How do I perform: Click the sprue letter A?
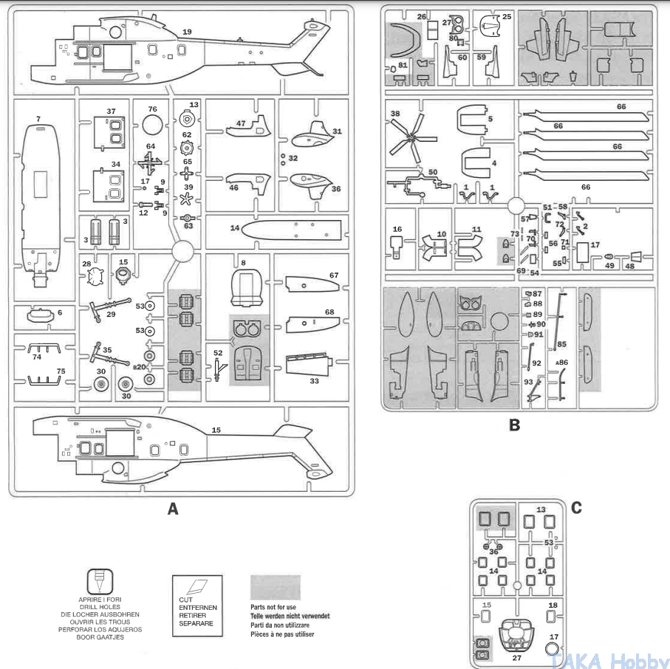click(173, 509)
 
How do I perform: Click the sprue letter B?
click(515, 425)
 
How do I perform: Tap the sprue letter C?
click(576, 507)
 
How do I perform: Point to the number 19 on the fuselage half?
click(187, 32)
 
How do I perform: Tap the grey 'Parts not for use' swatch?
click(275, 588)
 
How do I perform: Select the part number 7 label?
click(38, 118)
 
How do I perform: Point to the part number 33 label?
click(314, 381)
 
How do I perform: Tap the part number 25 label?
click(507, 16)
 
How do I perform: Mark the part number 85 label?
click(561, 343)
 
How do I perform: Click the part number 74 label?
click(37, 356)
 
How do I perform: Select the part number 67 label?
click(334, 275)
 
